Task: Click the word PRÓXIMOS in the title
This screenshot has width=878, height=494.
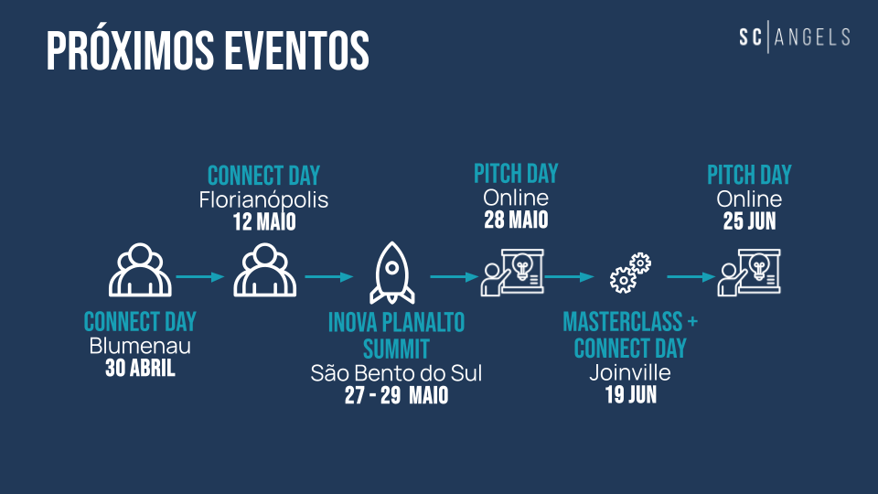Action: (130, 50)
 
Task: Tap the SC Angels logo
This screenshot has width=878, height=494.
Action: (795, 37)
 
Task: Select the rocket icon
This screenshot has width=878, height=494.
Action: (392, 273)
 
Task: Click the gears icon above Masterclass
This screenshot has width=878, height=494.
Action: (630, 273)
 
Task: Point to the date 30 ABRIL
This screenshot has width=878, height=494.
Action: (140, 368)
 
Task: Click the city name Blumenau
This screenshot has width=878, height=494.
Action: (140, 346)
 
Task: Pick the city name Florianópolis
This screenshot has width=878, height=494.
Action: (263, 200)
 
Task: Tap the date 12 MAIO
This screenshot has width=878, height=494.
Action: (264, 221)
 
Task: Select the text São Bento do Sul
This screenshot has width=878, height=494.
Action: (396, 373)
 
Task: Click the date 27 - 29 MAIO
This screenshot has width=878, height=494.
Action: (396, 395)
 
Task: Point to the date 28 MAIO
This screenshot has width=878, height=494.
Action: (516, 220)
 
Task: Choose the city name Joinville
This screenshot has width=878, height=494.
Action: (630, 372)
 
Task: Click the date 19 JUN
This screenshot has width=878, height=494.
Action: (630, 395)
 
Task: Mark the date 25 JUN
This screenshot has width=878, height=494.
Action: (749, 221)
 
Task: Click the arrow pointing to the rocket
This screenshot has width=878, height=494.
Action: (328, 276)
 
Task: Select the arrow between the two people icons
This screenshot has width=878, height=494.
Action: (200, 276)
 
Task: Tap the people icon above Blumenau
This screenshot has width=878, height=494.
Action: (140, 269)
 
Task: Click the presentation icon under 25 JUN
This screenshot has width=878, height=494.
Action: (749, 273)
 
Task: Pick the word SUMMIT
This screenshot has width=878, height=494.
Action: (396, 349)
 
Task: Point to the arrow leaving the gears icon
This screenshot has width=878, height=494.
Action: (691, 276)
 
